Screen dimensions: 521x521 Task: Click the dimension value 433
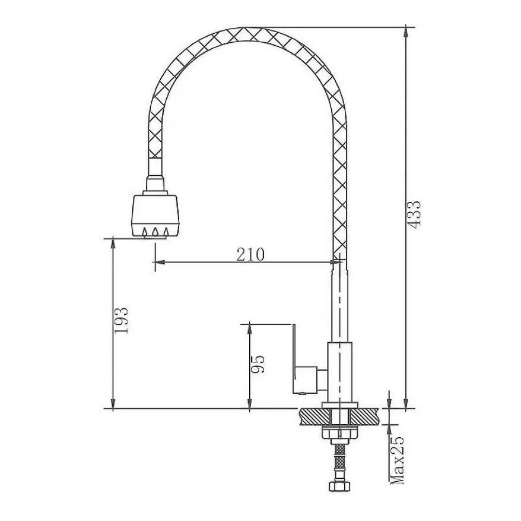[414, 214]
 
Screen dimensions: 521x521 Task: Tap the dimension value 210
[250, 255]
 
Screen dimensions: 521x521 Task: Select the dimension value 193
[121, 320]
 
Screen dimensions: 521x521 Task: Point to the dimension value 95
[258, 364]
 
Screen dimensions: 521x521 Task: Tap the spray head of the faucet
[155, 215]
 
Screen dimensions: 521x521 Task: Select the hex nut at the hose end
[339, 486]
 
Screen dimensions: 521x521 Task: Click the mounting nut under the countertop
[339, 432]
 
